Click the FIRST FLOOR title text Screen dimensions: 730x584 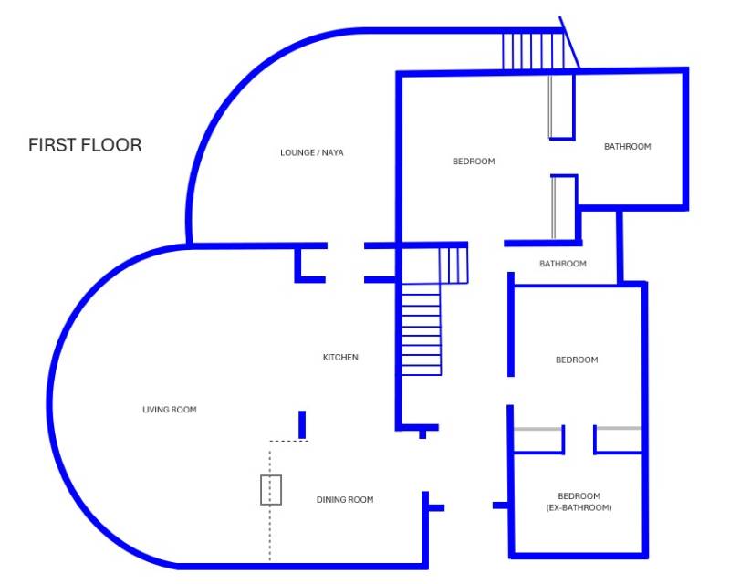point(85,145)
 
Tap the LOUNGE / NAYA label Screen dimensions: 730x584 point(312,152)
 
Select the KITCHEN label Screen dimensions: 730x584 point(340,357)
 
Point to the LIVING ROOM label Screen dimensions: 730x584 point(170,410)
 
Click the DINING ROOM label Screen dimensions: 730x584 point(345,500)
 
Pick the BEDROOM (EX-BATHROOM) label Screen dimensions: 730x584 point(579,502)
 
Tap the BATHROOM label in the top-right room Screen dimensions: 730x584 point(628,147)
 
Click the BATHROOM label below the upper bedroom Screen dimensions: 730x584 point(563,264)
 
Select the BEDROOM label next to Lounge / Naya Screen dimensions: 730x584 point(474,162)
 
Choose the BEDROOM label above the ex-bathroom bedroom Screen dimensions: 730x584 point(577,360)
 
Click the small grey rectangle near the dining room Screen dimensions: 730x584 point(271,490)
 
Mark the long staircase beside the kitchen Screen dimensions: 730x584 point(421,329)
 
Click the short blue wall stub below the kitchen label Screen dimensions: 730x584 point(302,424)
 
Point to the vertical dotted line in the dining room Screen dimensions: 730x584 point(270,501)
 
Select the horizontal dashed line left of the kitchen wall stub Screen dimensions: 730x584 point(288,441)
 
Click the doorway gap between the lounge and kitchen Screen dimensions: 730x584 point(346,263)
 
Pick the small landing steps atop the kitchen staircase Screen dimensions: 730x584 point(454,265)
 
